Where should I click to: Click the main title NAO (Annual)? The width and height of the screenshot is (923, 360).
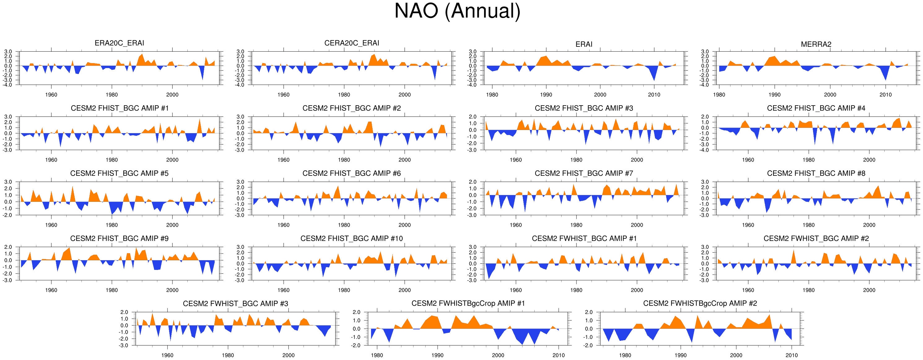pos(457,11)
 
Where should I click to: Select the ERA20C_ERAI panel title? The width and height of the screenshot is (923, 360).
pos(119,43)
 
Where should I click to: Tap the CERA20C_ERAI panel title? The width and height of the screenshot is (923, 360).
pos(352,43)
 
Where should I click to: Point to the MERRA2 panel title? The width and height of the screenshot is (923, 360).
pos(816,44)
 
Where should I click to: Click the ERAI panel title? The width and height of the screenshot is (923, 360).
pos(584,44)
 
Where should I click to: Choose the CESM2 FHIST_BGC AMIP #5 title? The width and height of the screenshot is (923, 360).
pos(119,173)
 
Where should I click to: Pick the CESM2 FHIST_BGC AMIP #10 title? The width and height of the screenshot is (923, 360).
pos(352,239)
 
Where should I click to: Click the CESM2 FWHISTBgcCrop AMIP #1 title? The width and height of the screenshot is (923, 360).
pos(468,303)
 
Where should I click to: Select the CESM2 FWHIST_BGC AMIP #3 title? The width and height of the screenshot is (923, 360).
pos(235,304)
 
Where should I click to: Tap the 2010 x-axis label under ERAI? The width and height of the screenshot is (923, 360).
pos(654,95)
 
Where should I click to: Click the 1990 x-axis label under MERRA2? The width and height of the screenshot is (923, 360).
pos(774,95)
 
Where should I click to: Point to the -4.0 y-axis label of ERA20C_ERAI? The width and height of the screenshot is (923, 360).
pos(8,85)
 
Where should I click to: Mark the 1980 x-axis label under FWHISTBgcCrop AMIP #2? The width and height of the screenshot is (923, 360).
pos(625,355)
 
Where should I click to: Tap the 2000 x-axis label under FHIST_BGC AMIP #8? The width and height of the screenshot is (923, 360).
pos(869,225)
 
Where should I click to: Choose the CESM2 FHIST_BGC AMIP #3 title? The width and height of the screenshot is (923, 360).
pos(584,108)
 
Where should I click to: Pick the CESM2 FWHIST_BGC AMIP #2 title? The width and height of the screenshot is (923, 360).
pos(816,239)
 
